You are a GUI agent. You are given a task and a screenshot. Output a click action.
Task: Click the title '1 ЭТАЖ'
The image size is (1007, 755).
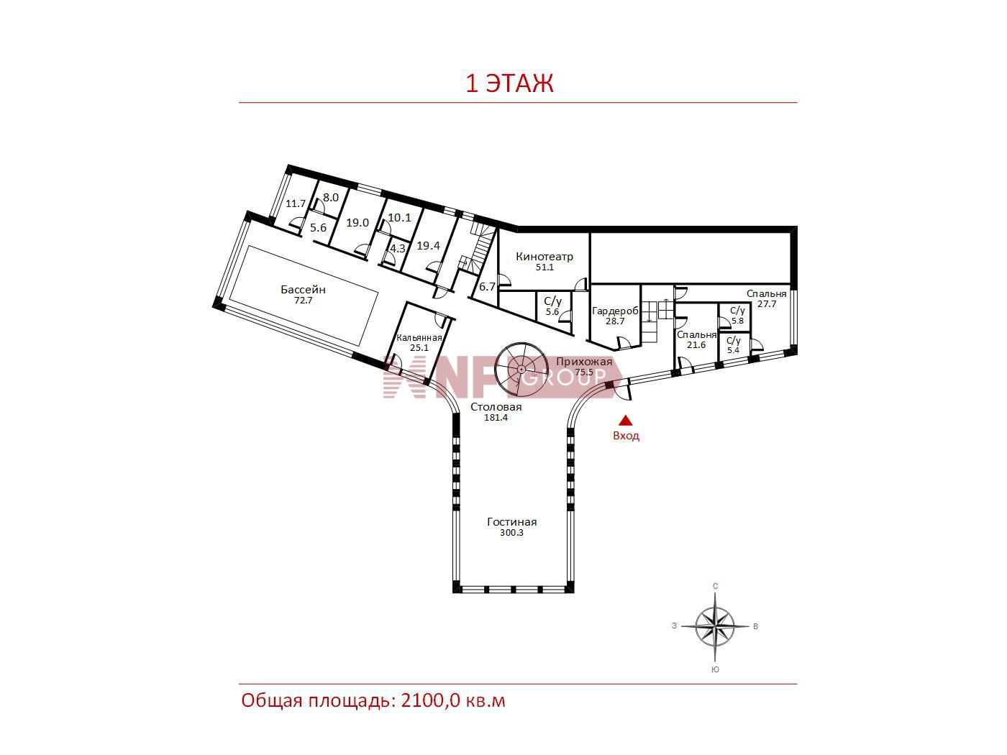click(x=509, y=84)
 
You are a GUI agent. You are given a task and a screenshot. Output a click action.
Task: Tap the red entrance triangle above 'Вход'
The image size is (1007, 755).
click(x=625, y=421)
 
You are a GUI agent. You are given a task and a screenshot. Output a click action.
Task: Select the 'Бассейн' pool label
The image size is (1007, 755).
click(x=304, y=290)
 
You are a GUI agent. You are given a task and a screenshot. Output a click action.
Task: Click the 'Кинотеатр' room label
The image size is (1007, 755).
click(x=544, y=257)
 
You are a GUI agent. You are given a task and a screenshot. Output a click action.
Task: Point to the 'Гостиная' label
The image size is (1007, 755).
click(x=511, y=522)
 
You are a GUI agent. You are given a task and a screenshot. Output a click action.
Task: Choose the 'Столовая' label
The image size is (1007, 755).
click(x=496, y=406)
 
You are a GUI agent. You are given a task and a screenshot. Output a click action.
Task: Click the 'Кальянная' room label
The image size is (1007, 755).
click(x=419, y=338)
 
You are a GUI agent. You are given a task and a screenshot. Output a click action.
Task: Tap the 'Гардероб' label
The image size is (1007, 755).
click(x=615, y=311)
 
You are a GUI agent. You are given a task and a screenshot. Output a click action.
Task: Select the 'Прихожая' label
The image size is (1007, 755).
click(x=584, y=362)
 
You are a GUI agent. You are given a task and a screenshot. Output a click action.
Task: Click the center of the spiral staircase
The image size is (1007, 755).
click(x=521, y=369)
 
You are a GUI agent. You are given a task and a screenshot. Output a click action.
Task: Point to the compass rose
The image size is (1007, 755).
click(x=715, y=626)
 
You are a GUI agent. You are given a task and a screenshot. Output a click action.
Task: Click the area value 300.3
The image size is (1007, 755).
click(x=511, y=533)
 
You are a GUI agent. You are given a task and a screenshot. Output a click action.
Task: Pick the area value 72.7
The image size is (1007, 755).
click(x=304, y=301)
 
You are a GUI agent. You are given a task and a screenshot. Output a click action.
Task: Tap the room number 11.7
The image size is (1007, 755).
click(x=296, y=203)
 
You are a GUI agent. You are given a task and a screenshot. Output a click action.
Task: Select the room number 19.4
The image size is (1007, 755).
click(x=428, y=246)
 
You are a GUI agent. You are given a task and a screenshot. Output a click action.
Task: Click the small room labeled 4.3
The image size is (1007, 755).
click(x=398, y=249)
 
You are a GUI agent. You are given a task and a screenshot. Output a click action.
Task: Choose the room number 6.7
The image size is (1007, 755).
click(x=487, y=286)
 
